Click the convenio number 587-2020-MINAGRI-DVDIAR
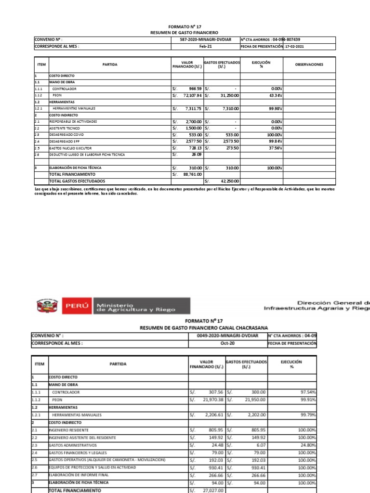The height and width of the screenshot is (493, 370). click(x=206, y=39)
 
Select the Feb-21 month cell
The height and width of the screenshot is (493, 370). click(x=206, y=46)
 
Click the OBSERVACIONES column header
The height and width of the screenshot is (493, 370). click(x=309, y=65)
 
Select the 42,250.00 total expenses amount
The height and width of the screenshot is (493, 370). click(x=230, y=181)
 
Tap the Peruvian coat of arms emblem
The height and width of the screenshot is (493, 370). click(x=47, y=306)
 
